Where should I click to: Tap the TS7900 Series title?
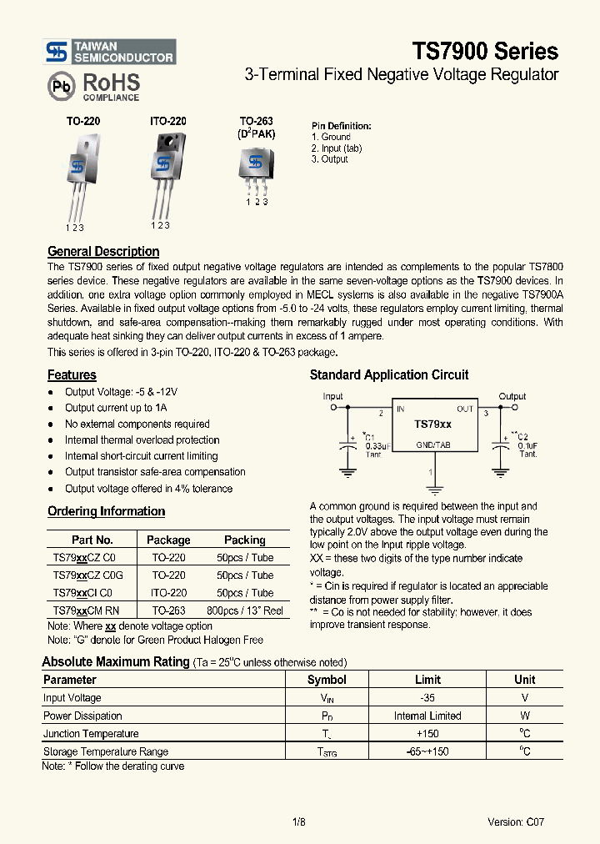(x=484, y=51)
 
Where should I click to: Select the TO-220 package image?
(x=81, y=176)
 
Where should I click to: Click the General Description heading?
(x=103, y=251)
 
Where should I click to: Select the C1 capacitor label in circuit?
(x=370, y=436)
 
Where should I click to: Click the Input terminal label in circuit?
(x=332, y=396)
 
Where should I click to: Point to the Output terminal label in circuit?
(x=512, y=396)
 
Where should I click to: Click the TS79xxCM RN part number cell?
(x=86, y=610)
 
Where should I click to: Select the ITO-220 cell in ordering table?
(x=168, y=593)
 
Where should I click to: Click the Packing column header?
(x=244, y=540)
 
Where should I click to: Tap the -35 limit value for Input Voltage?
(x=427, y=698)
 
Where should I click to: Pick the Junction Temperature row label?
(x=91, y=734)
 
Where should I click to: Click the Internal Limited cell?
(x=427, y=716)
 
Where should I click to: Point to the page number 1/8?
(x=299, y=821)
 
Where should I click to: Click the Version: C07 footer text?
(x=516, y=821)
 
